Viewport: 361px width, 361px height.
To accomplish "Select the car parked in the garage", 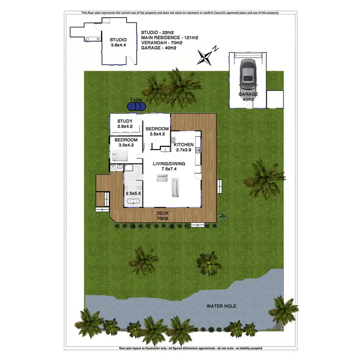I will pos(247,72).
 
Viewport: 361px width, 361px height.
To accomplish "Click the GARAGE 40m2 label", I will pos(248,97).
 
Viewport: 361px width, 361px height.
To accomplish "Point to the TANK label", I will pos(136,101).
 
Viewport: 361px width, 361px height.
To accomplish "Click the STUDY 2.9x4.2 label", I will pos(125,124).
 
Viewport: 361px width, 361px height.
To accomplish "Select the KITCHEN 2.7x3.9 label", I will pos(183,147).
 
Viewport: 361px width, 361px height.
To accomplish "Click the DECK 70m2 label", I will pos(162,215).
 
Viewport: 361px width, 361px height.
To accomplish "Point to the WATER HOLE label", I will pos(219,306).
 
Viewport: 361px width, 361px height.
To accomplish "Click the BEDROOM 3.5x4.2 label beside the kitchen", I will pos(157,131).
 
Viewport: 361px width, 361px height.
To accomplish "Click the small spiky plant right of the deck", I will pos(223,216).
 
